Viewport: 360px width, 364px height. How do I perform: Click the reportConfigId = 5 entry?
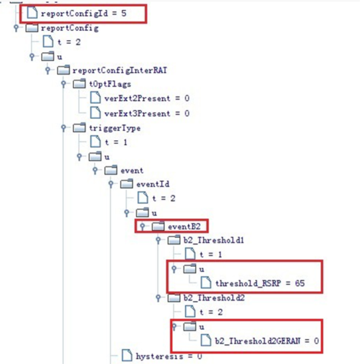84,13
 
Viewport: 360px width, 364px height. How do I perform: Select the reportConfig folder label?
70,29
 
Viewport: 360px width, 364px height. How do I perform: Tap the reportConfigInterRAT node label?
119,70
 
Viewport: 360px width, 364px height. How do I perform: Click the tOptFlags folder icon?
79,84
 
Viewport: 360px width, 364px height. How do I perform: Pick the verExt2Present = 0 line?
147,98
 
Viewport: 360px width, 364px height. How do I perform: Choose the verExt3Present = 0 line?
147,113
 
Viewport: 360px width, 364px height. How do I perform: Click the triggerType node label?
115,128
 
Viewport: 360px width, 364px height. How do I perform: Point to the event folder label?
132,171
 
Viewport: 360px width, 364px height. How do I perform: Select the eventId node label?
153,184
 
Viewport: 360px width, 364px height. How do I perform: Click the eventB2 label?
184,226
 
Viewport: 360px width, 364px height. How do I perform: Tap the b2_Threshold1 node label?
213,240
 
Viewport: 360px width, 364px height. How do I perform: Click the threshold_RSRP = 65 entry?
260,283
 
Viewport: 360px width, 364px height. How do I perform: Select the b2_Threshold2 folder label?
214,298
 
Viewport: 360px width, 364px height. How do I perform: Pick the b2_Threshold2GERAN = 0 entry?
267,341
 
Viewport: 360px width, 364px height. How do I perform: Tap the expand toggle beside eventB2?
142,226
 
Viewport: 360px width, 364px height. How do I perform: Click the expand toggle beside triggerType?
63,128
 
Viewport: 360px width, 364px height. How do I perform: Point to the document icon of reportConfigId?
32,13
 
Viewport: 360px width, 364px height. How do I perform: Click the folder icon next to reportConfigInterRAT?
63,70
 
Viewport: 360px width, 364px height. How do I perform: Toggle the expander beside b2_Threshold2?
158,298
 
